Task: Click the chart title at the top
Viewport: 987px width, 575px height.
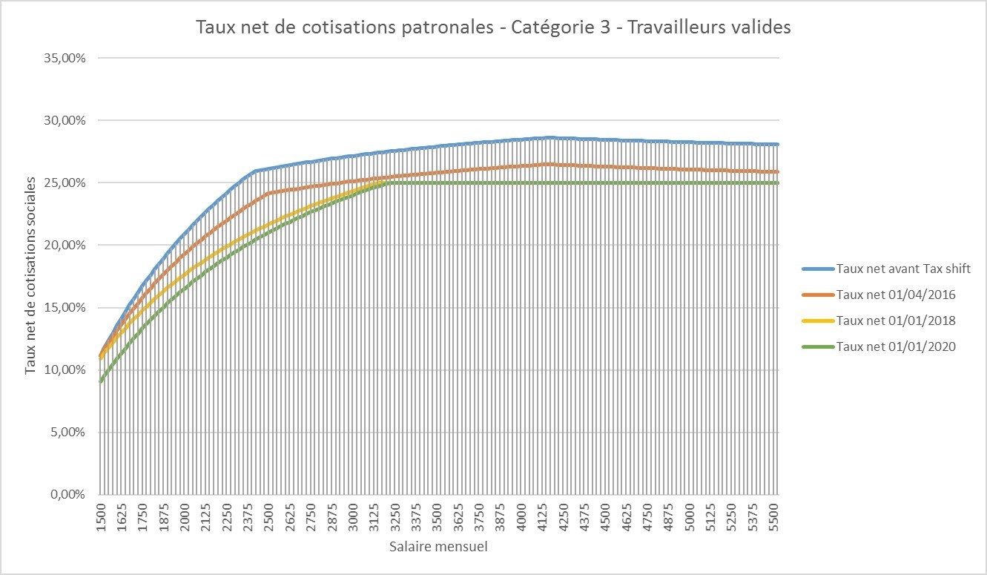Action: [x=493, y=27]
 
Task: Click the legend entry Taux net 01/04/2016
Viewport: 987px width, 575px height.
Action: [x=895, y=295]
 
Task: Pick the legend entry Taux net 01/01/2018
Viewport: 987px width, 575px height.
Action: [x=895, y=321]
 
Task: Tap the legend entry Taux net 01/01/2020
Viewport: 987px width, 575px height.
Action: [x=895, y=346]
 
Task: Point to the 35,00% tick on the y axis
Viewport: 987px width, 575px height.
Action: [x=66, y=58]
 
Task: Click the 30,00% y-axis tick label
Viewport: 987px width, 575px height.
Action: [x=66, y=120]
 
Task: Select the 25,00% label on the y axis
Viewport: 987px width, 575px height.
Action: [x=66, y=183]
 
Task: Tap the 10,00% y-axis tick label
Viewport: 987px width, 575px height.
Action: [x=66, y=369]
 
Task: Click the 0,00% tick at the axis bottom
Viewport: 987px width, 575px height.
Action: [x=69, y=494]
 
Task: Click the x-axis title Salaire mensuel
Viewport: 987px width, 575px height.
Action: [x=438, y=548]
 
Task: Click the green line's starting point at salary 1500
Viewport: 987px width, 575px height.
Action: [x=101, y=381]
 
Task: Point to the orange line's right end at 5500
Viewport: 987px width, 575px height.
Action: [x=778, y=171]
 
